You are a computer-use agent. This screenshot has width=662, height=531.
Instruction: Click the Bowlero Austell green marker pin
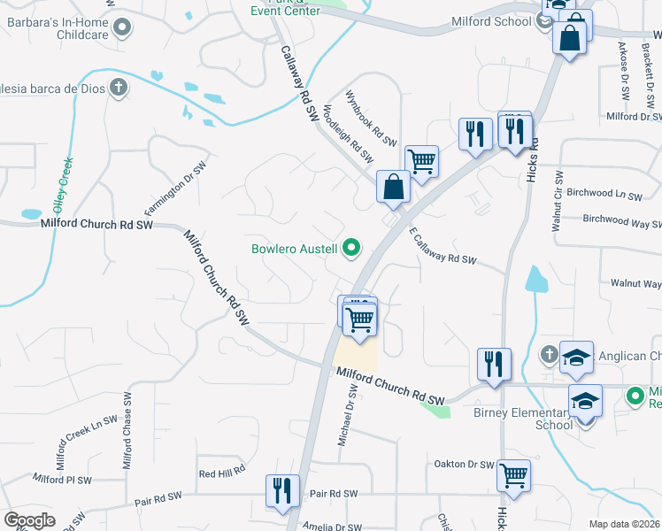(x=351, y=249)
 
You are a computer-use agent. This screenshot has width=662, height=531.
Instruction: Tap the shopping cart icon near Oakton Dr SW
(x=514, y=475)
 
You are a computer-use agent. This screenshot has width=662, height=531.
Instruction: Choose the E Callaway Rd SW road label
(x=443, y=247)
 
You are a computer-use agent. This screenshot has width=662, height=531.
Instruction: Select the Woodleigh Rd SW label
(x=348, y=134)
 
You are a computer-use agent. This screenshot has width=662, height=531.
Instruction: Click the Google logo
(x=29, y=519)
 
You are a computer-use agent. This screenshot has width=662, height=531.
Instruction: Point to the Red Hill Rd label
(x=221, y=473)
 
